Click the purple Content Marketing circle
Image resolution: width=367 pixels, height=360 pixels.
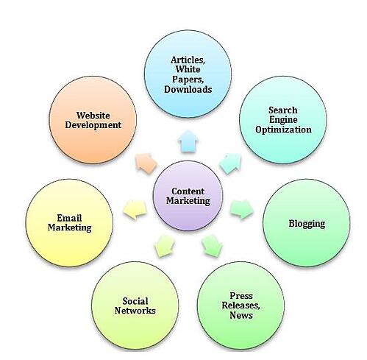(x=188, y=196)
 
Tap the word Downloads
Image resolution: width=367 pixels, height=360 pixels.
(x=188, y=89)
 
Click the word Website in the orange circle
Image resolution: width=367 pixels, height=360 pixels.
(x=93, y=116)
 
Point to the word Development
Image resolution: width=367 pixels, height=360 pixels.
(x=93, y=125)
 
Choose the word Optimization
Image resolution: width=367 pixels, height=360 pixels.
(x=283, y=130)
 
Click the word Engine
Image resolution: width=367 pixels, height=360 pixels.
(x=283, y=120)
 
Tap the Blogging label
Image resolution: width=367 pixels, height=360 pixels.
(x=307, y=224)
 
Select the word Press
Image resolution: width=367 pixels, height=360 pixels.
(x=241, y=296)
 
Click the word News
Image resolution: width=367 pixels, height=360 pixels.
(x=241, y=315)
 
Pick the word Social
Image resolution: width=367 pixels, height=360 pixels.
(x=135, y=301)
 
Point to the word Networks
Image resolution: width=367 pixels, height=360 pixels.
(x=135, y=311)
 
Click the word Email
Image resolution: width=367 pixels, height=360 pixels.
(x=69, y=218)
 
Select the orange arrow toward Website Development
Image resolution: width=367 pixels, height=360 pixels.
(x=146, y=163)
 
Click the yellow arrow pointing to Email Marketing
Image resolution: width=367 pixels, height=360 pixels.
(x=135, y=209)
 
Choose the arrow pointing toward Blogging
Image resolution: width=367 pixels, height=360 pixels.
(x=242, y=209)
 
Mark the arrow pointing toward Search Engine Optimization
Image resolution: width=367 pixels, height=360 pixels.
(x=230, y=163)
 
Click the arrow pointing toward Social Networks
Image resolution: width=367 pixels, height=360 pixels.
(x=165, y=246)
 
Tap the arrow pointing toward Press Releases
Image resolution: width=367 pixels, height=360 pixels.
(x=212, y=246)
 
